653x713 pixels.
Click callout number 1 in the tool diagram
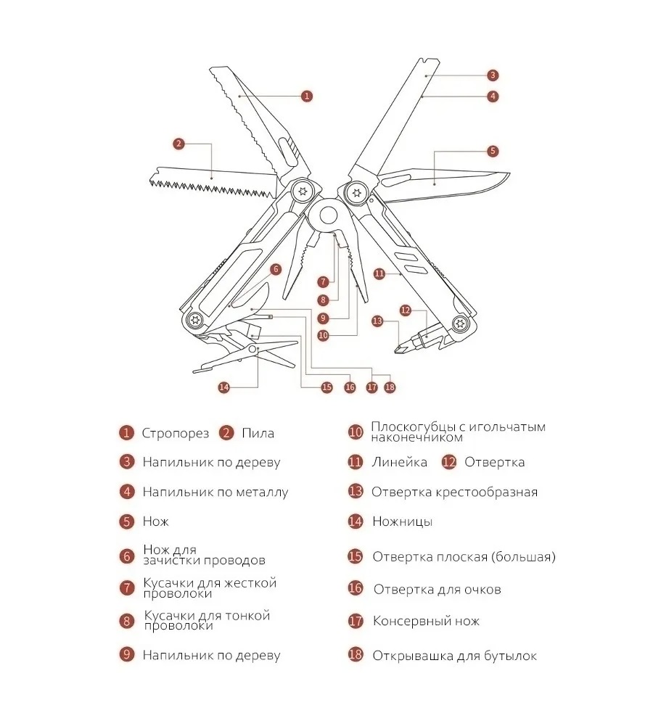[307, 96]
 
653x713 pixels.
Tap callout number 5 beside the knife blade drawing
[493, 151]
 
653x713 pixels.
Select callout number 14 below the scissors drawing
[223, 387]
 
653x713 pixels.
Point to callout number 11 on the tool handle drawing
[378, 273]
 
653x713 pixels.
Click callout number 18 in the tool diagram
[390, 387]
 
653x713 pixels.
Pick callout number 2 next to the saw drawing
[179, 144]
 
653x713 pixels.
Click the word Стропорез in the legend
[176, 433]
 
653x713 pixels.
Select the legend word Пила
[258, 433]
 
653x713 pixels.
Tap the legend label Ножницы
[402, 521]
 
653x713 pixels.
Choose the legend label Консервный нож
[426, 621]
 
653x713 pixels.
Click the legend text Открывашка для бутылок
[454, 656]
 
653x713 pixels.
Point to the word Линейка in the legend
[399, 462]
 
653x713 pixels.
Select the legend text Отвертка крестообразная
[454, 492]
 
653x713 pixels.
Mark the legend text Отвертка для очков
[437, 589]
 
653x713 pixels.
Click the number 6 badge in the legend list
[127, 556]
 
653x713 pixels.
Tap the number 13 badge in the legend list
[355, 492]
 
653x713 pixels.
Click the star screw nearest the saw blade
[303, 191]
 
